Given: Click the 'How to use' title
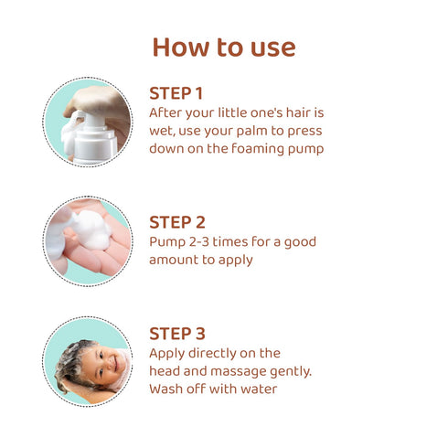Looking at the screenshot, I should click(224, 47).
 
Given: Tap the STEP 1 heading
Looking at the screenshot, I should click(176, 93).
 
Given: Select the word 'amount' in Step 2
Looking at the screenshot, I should click(175, 260).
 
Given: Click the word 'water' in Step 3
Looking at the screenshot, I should click(258, 389).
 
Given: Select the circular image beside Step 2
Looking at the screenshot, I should click(88, 241).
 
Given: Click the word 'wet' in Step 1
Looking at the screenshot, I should click(162, 131).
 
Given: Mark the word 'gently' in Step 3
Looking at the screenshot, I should click(308, 371).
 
